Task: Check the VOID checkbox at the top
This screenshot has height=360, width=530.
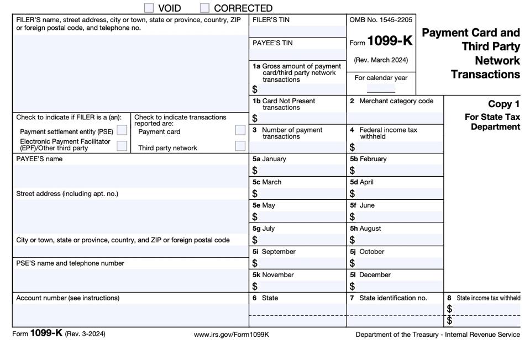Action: (149, 8)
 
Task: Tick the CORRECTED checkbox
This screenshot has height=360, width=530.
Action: (204, 8)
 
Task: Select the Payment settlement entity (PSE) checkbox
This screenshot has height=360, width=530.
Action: (122, 131)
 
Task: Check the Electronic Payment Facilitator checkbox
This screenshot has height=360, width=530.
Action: (122, 146)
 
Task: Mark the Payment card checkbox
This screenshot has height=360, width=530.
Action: (240, 130)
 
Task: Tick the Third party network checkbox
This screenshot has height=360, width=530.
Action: (240, 146)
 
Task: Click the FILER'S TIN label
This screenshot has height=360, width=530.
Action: (271, 20)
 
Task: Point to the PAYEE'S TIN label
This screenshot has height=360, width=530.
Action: (272, 43)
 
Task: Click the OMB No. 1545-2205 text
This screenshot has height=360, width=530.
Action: (381, 20)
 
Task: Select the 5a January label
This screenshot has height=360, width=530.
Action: (269, 159)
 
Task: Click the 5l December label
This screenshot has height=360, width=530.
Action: (370, 275)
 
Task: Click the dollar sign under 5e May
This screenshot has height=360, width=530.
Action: (255, 217)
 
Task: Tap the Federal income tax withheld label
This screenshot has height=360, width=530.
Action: (388, 133)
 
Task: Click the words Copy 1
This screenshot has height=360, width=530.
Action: (503, 104)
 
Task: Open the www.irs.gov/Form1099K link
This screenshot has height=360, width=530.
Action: (231, 335)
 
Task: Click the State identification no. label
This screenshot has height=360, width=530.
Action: (392, 298)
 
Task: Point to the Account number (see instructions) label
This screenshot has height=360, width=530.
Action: (67, 298)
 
